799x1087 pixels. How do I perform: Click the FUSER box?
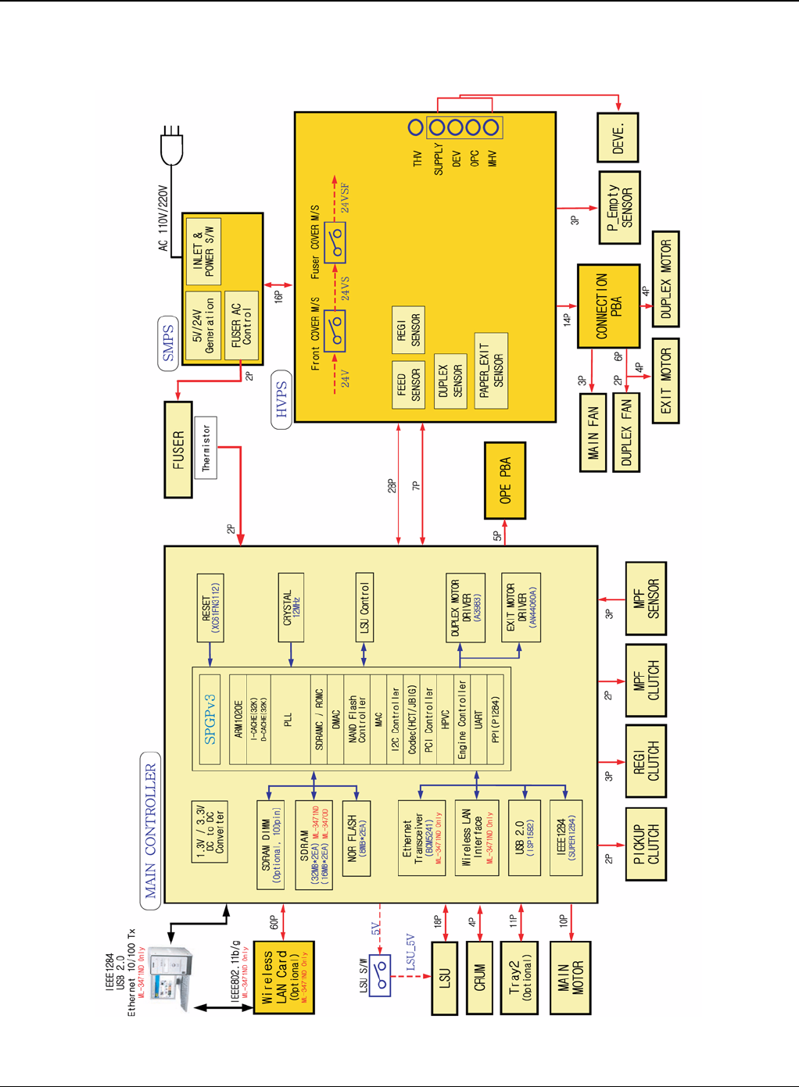(178, 449)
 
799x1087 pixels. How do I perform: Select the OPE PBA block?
(504, 480)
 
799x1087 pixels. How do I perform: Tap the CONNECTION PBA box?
(608, 306)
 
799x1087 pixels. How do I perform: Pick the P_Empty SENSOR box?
(619, 208)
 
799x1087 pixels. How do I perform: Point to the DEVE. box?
(617, 138)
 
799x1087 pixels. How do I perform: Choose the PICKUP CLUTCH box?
(646, 845)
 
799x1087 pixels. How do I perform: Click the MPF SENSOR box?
(646, 599)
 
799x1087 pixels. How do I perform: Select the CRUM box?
(479, 978)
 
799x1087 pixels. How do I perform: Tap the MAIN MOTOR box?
(570, 978)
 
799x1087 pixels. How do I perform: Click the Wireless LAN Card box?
(283, 978)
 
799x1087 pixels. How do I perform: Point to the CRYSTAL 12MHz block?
(291, 608)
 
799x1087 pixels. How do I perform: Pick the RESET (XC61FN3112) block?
(210, 608)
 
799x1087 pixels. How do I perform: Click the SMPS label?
(168, 343)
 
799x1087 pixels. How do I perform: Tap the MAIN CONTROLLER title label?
(150, 830)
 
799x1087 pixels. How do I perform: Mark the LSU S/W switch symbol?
(380, 975)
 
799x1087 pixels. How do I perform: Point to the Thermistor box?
(206, 447)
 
